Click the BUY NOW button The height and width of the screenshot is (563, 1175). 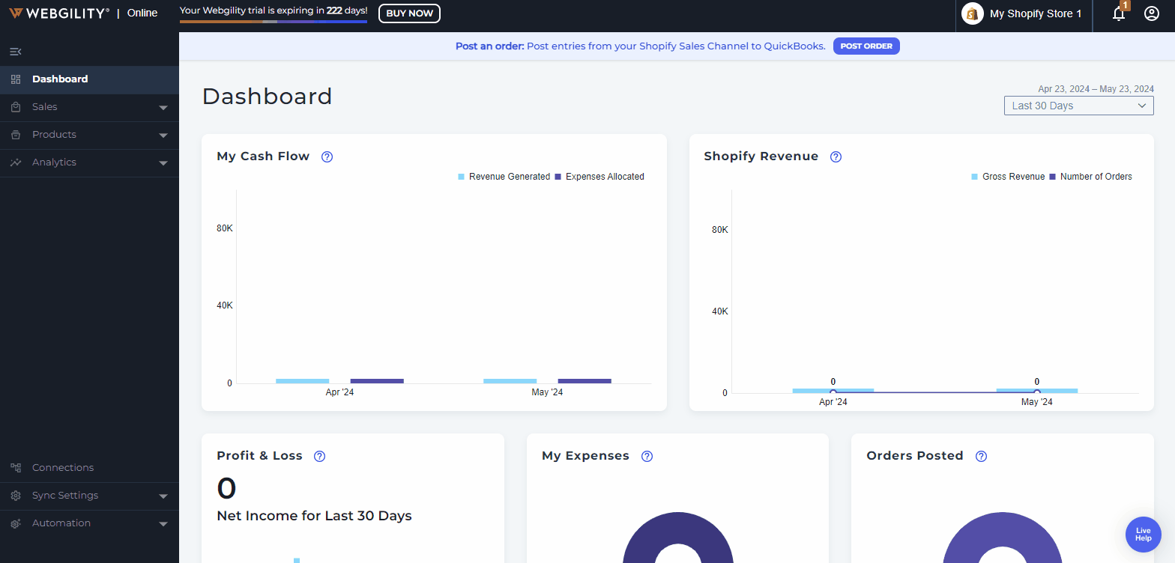coord(409,13)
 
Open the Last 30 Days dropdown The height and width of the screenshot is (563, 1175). coord(1078,106)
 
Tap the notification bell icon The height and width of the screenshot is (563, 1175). coord(1119,13)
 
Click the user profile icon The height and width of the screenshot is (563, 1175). coord(1152,13)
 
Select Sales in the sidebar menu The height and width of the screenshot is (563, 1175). coord(45,107)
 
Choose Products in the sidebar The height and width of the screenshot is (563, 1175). coord(54,135)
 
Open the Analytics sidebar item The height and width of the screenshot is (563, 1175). coord(54,162)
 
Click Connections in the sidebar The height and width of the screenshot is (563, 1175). coord(63,468)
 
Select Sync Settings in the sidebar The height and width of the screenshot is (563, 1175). coord(65,496)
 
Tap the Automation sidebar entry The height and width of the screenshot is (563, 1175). coord(61,523)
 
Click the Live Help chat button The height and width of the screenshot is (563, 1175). coord(1143,535)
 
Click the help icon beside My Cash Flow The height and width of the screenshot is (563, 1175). coord(327,156)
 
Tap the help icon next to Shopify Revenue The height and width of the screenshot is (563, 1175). coord(836,156)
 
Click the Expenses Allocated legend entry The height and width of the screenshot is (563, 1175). coord(604,177)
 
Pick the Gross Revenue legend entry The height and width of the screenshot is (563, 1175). coord(1013,177)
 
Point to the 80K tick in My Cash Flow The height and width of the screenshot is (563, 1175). coord(225,228)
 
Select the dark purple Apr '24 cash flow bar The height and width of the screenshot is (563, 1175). coord(377,381)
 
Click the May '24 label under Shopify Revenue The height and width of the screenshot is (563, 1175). coord(1036,402)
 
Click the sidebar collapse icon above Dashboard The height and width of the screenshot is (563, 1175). coord(16,52)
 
